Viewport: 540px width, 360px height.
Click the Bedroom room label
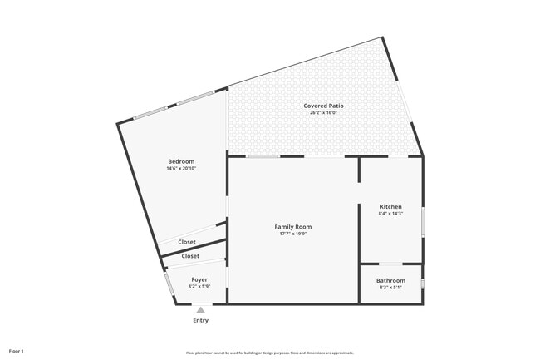181,161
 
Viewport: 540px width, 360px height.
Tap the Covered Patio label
324,106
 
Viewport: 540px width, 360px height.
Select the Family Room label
293,226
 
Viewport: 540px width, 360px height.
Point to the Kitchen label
390,206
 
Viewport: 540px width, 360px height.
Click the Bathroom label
390,280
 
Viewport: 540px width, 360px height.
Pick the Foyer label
199,279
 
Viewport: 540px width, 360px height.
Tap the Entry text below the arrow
201,320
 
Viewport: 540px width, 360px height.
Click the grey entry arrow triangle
200,310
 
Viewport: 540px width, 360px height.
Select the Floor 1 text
17,351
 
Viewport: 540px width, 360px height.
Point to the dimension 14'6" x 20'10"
181,169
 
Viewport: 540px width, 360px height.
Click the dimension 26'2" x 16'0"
324,113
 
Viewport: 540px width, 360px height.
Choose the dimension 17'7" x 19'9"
293,234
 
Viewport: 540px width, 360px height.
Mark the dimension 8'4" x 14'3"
390,214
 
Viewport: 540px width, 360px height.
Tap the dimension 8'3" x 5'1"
390,288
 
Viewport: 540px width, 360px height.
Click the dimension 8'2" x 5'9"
199,287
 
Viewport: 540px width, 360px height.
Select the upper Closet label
187,242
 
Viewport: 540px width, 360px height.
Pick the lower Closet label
190,256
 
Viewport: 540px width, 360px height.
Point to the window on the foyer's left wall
169,283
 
